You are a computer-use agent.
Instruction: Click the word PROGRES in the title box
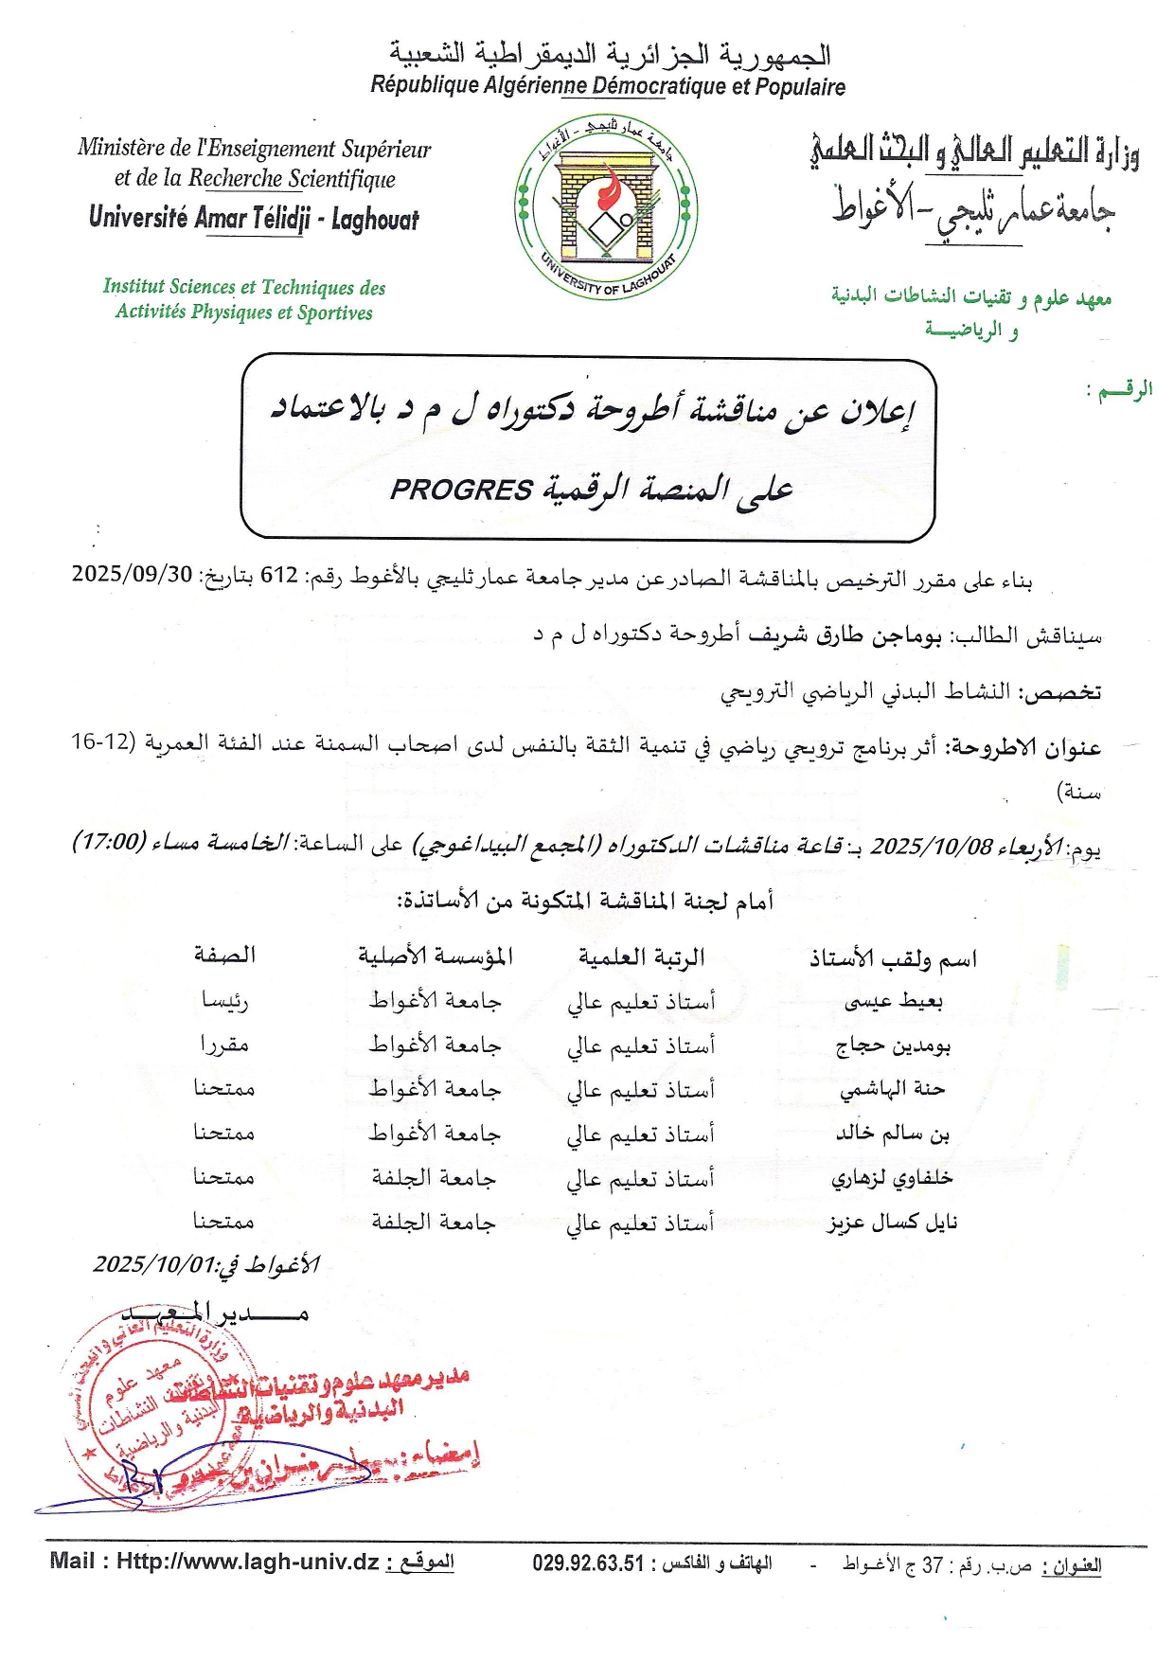click(461, 490)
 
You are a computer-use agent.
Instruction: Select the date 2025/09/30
click(132, 574)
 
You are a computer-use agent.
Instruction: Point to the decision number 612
click(279, 575)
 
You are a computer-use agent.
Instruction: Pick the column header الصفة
click(224, 955)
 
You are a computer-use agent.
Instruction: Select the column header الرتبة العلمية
click(641, 957)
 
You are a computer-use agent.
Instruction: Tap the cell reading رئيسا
click(224, 1000)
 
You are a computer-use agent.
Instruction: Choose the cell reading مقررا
click(224, 1045)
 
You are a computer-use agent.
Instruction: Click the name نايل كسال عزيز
click(892, 1223)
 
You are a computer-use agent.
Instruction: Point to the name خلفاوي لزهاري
click(892, 1178)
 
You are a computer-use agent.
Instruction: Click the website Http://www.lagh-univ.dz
click(247, 1562)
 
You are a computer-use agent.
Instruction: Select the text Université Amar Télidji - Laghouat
click(254, 219)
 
